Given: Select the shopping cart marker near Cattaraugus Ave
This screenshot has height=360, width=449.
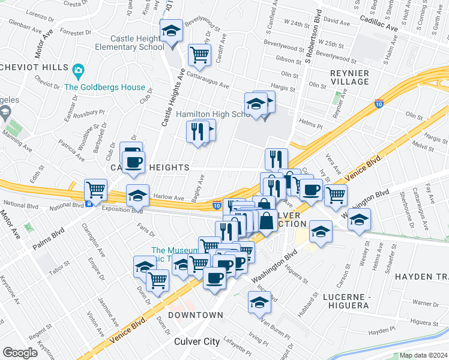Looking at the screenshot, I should click(x=199, y=55).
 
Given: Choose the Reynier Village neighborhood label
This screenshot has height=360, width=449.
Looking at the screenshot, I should click(x=349, y=77).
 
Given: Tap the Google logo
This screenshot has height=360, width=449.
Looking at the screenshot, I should click(x=19, y=352).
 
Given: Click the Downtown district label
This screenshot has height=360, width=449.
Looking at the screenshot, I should click(x=195, y=315).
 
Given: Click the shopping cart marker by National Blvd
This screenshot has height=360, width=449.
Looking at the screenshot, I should click(x=95, y=190).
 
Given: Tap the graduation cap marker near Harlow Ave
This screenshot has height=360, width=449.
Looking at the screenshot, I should click(x=137, y=195).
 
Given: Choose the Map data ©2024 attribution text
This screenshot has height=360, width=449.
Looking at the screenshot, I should click(x=423, y=355).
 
